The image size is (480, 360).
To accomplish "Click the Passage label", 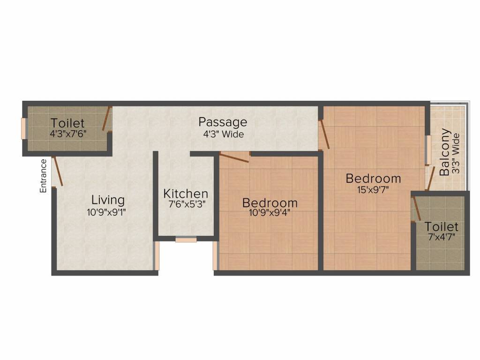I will pos(223,122).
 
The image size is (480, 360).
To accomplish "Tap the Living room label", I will pos(108,200).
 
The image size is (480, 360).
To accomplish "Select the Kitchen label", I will pos(186,194).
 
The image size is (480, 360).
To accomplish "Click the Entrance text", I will pos(43,176).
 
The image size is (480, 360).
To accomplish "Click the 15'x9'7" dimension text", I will pos(374,190).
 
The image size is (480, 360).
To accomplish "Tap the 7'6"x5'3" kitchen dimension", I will pos(185,204).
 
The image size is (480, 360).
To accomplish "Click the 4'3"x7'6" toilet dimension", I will pos(68,133).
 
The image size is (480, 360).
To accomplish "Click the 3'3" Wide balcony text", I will pos(456,154).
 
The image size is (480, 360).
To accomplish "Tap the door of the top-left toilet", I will pos(107,119).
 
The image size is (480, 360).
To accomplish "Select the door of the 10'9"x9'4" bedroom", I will pos(234,157).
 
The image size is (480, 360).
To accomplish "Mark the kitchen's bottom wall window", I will pos(186,240).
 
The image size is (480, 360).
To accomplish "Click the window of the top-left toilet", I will pos(23,127).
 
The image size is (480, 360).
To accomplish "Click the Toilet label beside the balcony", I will pos(441,227).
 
